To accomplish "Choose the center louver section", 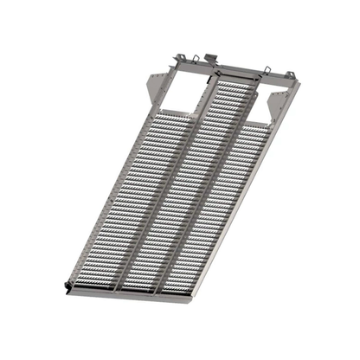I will point(177,190).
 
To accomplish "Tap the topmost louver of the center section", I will point(235,76).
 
